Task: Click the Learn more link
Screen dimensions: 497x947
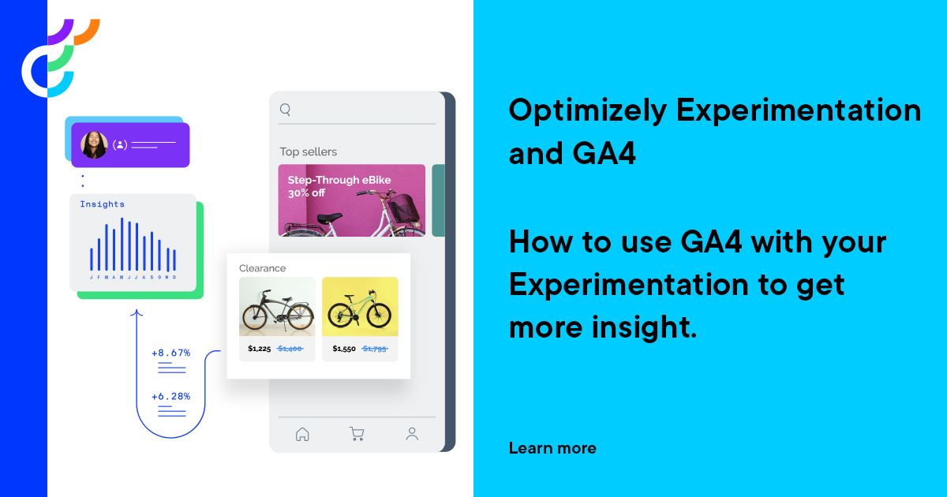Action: click(552, 449)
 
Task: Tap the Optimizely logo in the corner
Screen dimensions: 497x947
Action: click(60, 58)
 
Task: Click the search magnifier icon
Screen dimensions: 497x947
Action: click(286, 110)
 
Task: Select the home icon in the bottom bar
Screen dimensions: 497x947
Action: click(301, 434)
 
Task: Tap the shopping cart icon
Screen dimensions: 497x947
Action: click(357, 434)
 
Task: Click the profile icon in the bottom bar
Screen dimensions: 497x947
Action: click(412, 434)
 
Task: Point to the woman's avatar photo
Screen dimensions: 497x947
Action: click(95, 145)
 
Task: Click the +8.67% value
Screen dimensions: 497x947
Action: click(170, 353)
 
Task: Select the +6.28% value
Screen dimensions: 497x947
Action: click(170, 396)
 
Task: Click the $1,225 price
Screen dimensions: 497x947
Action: click(259, 349)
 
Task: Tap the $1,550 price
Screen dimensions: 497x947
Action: click(343, 349)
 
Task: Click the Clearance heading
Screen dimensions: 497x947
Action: click(262, 268)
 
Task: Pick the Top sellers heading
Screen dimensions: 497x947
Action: click(308, 151)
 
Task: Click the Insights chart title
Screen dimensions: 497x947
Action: click(102, 204)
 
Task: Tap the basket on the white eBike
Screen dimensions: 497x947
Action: click(403, 208)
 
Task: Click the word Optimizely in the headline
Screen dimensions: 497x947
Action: click(587, 110)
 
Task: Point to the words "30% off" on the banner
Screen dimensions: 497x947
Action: click(306, 193)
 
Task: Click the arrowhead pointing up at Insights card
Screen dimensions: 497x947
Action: click(137, 314)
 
